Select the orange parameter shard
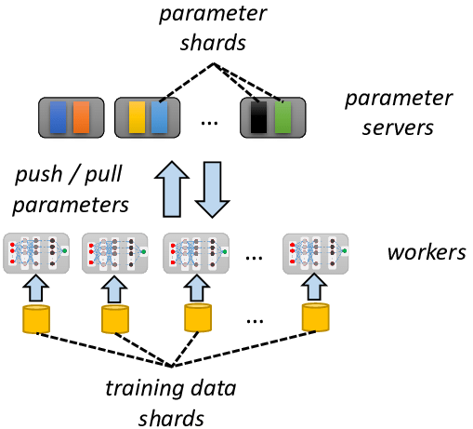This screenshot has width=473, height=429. point(82,117)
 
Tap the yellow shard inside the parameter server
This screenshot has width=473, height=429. point(137,117)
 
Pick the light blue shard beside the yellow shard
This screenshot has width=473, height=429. point(159,117)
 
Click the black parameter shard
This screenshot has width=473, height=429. point(259,117)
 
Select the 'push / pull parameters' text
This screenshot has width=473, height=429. point(72,188)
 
